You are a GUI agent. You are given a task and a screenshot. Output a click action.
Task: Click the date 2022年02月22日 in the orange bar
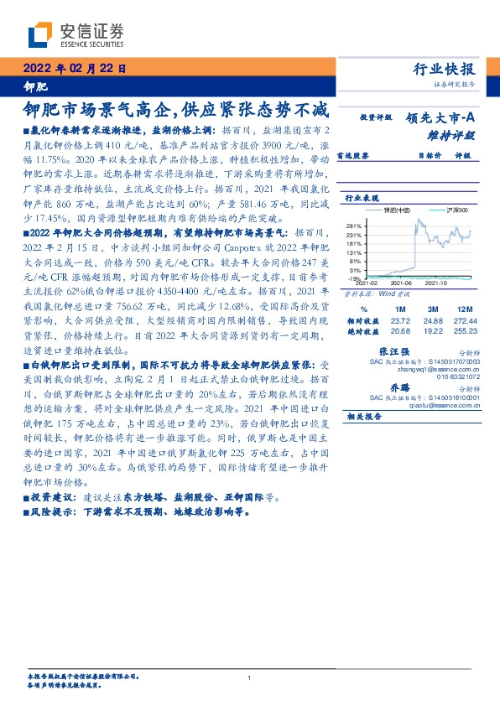76,69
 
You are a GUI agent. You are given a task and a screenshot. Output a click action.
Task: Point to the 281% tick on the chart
352,226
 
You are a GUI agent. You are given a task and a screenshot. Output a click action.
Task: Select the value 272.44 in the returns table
467,321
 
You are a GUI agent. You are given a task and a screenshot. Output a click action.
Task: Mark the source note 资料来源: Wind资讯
373,295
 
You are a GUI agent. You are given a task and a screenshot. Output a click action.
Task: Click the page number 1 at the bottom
250,678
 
